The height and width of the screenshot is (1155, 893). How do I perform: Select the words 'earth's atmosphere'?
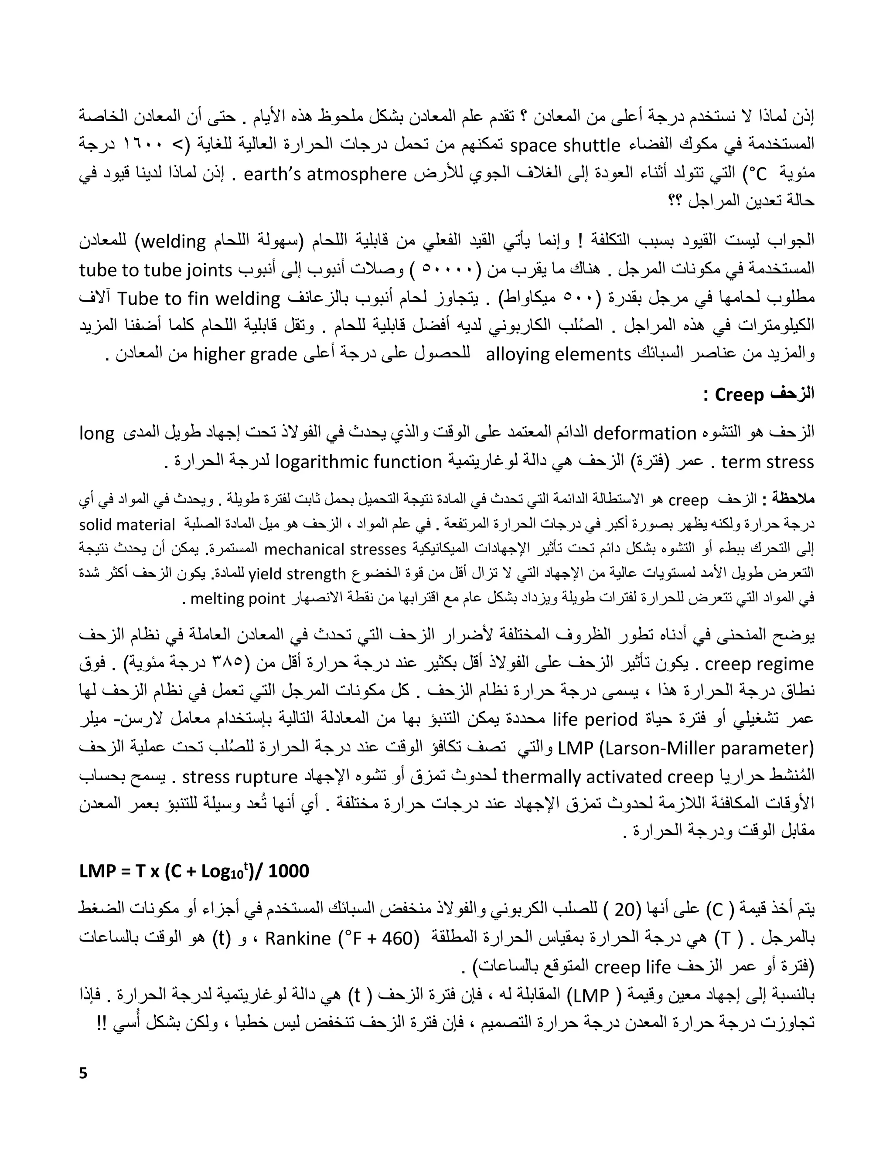[x=325, y=174]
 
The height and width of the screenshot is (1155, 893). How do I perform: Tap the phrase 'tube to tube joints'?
[x=156, y=270]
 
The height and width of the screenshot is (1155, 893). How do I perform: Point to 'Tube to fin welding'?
[x=198, y=299]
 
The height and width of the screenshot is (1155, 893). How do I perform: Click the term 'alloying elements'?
[x=559, y=354]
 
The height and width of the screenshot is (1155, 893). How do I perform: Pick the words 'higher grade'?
[x=245, y=354]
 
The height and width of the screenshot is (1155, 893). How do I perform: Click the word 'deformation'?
[x=645, y=434]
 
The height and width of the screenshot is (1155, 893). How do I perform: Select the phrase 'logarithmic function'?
[x=359, y=462]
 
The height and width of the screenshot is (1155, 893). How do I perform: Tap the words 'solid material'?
[x=127, y=525]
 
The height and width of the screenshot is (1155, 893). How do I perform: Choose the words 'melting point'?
[x=238, y=599]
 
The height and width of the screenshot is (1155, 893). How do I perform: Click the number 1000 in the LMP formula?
[x=288, y=871]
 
